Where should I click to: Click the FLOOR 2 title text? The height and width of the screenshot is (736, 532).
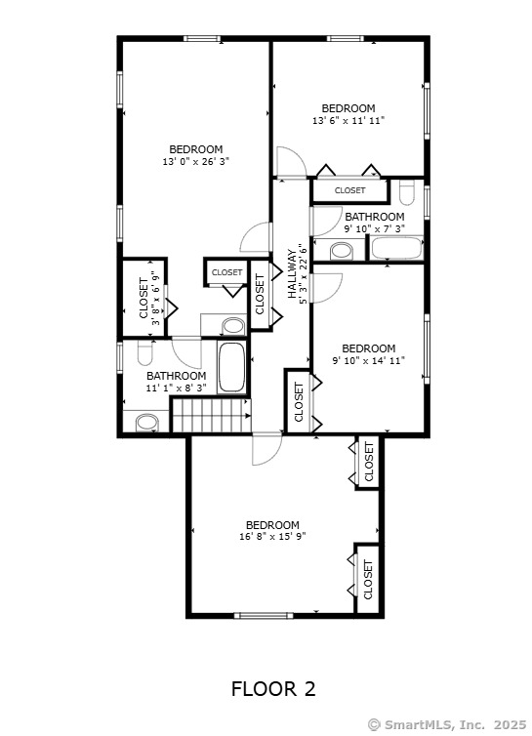click(x=273, y=689)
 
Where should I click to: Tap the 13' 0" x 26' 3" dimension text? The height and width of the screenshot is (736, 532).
click(x=196, y=162)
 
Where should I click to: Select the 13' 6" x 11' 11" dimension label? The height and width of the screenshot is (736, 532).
click(x=348, y=121)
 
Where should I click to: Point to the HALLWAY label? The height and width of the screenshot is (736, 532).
click(x=292, y=274)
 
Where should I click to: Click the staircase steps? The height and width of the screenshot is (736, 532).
click(x=211, y=416)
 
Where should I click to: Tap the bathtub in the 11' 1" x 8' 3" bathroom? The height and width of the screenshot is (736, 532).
click(x=232, y=368)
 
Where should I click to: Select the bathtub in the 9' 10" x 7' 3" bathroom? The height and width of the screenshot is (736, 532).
click(x=396, y=248)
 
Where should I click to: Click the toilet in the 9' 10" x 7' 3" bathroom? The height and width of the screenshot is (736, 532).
click(x=407, y=192)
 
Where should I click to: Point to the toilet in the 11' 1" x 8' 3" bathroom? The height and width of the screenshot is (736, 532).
click(x=145, y=353)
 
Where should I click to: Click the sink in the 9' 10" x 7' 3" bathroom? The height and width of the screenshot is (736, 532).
click(x=342, y=251)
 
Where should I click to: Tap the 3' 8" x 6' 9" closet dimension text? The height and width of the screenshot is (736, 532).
click(x=156, y=298)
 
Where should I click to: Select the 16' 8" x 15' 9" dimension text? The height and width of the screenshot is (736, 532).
click(x=272, y=537)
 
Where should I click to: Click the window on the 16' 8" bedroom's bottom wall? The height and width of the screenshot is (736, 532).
click(x=264, y=615)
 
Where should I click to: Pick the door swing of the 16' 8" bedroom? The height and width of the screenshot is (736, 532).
click(x=266, y=448)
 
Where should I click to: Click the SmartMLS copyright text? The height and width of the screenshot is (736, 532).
click(x=447, y=724)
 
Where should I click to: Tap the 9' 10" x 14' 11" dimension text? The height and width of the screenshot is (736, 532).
click(x=369, y=361)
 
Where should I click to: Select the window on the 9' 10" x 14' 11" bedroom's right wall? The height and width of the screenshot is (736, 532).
click(x=427, y=348)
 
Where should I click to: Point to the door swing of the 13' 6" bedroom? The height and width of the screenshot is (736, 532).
click(x=291, y=162)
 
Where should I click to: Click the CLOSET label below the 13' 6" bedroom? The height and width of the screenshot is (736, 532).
click(x=349, y=190)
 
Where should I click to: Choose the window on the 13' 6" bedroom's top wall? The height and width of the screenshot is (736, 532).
click(x=346, y=38)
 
